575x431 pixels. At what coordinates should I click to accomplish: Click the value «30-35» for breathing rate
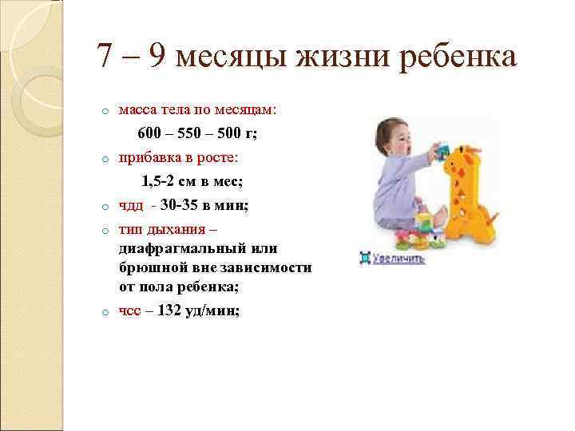pos(178,206)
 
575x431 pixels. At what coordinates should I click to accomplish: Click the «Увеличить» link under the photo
pos(398,259)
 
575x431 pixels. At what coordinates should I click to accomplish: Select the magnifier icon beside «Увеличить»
pos(364,259)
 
